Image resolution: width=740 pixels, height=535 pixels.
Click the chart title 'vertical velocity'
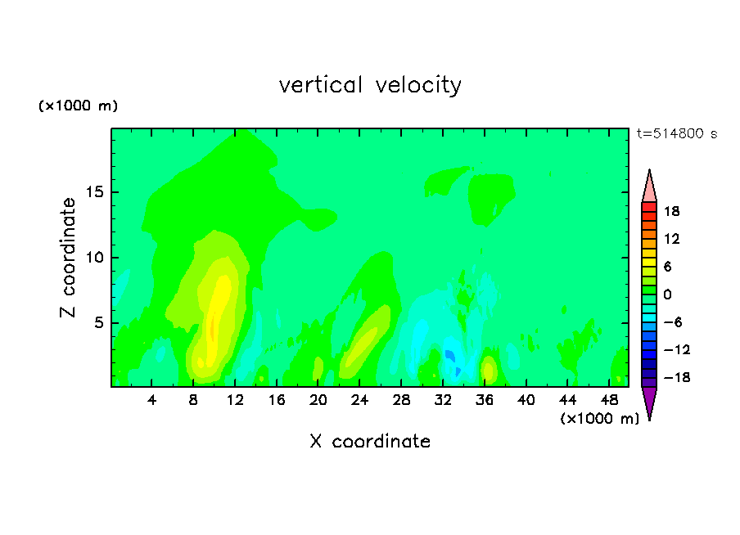coord(370,85)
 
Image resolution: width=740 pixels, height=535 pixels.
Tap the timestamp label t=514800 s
coord(677,133)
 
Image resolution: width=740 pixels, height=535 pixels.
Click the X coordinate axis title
coord(370,441)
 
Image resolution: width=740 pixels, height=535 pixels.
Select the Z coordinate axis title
coord(68,258)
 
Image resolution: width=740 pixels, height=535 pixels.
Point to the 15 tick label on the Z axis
coord(95,192)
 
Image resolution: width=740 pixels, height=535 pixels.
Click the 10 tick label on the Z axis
coord(95,258)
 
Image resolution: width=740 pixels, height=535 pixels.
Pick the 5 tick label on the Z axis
coord(99,322)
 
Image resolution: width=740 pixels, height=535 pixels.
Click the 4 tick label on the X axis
coord(151,400)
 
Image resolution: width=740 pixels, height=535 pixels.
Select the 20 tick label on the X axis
coord(318,400)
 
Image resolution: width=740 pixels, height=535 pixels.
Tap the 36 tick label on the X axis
coord(485,400)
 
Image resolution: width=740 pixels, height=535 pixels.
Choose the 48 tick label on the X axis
coord(609,400)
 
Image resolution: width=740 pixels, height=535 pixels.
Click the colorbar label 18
coord(671,211)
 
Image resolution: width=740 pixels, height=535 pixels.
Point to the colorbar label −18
coord(677,377)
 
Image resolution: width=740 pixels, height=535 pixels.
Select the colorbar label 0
coord(667,294)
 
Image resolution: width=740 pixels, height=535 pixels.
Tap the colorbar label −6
coord(673,322)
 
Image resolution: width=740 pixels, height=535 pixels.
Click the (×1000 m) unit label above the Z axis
coord(78,106)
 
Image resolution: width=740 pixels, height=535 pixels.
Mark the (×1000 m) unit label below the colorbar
coord(599,418)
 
